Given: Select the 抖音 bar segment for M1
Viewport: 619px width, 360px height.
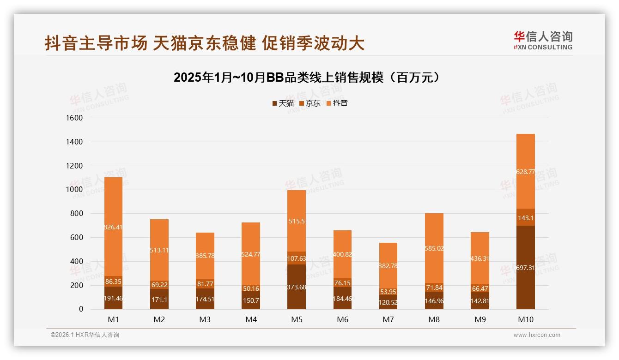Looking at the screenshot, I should pyautogui.click(x=113, y=226).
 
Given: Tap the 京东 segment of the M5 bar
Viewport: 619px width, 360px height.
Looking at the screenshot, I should pyautogui.click(x=297, y=258).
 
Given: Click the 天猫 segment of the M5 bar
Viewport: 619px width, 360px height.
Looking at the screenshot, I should pyautogui.click(x=297, y=287).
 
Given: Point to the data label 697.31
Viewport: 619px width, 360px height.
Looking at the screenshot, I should pyautogui.click(x=526, y=268).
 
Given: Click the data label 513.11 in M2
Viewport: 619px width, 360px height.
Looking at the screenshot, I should pyautogui.click(x=159, y=251).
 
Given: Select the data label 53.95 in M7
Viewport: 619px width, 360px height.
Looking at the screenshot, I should pyautogui.click(x=388, y=291).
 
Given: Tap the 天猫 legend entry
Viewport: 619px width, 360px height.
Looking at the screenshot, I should pyautogui.click(x=283, y=103).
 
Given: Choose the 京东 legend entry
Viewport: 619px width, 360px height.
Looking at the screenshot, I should pyautogui.click(x=310, y=103).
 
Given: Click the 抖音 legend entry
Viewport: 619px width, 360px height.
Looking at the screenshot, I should pyautogui.click(x=337, y=103).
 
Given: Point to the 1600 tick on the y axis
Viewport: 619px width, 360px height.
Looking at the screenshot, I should pyautogui.click(x=74, y=118).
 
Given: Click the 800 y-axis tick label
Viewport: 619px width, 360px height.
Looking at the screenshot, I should pyautogui.click(x=77, y=214).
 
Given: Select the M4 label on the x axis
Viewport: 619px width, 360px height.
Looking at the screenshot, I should pyautogui.click(x=251, y=319).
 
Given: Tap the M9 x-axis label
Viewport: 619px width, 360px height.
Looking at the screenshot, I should pyautogui.click(x=480, y=319).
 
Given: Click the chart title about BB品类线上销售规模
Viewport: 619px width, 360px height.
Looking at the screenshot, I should pyautogui.click(x=306, y=78).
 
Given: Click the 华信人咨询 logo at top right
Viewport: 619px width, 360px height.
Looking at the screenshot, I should pyautogui.click(x=543, y=40).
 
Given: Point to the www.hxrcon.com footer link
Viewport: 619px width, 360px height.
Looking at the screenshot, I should pyautogui.click(x=537, y=335).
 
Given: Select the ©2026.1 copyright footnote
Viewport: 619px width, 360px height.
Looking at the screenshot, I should pyautogui.click(x=85, y=335).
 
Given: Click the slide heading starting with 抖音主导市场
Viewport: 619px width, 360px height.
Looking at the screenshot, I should pyautogui.click(x=204, y=43).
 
